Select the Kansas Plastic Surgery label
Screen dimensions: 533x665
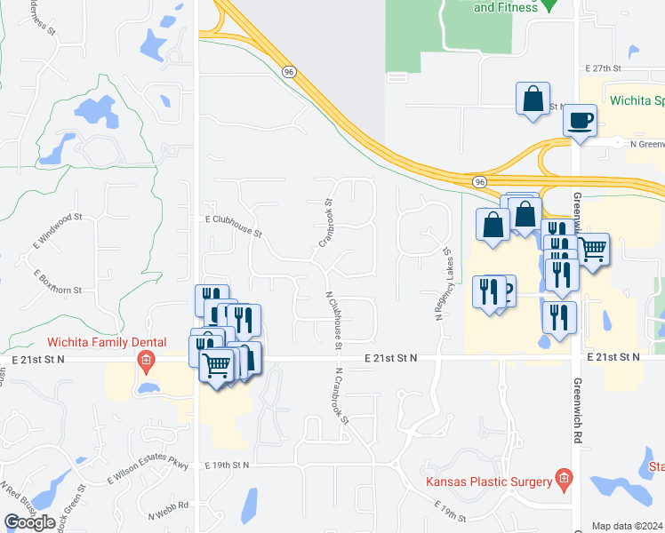[484, 482]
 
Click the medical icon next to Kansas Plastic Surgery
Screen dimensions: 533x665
[563, 480]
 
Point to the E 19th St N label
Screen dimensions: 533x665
[228, 465]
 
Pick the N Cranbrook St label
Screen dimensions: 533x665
[341, 402]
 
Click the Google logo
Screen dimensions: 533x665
[29, 522]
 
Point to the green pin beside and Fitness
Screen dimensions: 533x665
[550, 7]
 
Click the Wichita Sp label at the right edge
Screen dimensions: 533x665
[635, 99]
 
